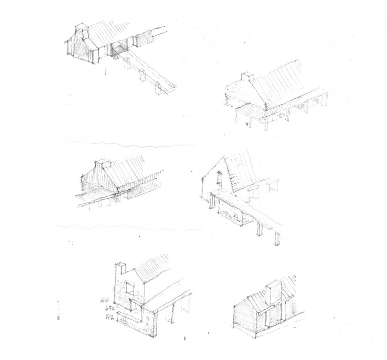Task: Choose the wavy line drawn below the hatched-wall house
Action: click(x=126, y=227)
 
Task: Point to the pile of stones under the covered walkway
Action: click(x=233, y=217)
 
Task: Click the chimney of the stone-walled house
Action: click(x=121, y=269)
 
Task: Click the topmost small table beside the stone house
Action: click(x=105, y=301)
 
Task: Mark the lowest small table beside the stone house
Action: click(x=108, y=316)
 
